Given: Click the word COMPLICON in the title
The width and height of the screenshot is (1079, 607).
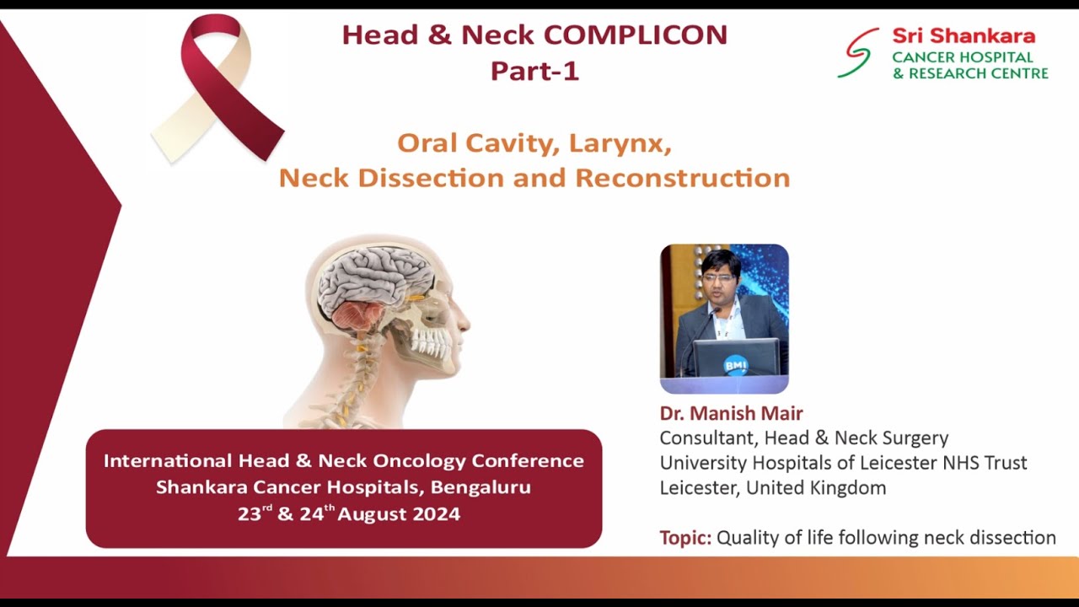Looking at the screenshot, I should click(x=635, y=35).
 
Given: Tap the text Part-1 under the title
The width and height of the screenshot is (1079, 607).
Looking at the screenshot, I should click(x=534, y=71).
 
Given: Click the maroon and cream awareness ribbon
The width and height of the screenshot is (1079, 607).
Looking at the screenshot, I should click(x=217, y=89).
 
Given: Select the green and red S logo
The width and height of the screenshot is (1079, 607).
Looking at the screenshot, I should click(x=857, y=53).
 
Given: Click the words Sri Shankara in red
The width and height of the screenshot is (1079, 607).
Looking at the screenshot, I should click(x=964, y=36).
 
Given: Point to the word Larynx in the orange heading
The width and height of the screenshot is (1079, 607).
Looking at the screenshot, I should click(x=620, y=143).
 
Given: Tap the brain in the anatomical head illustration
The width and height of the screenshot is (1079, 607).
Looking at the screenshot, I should click(x=375, y=282).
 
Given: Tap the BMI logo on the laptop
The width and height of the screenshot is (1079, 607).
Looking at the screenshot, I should click(x=735, y=364).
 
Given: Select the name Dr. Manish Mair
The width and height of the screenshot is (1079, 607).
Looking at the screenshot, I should click(x=731, y=413).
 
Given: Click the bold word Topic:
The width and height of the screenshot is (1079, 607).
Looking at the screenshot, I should click(x=685, y=538).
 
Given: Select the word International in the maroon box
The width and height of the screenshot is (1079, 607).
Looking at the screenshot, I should click(x=167, y=461).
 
